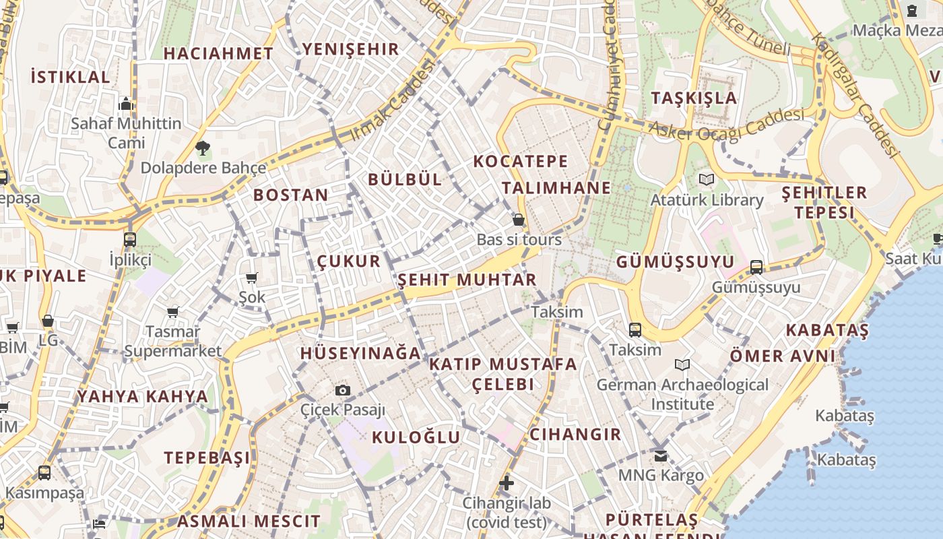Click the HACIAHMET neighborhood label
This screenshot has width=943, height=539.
click(218, 53)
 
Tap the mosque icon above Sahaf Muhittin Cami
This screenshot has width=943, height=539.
click(126, 104)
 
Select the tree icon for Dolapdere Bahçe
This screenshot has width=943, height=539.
click(202, 148)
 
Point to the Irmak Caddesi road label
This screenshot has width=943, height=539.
click(392, 101)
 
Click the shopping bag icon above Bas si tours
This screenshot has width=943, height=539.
click(519, 220)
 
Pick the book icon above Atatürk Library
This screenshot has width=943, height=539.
click(706, 180)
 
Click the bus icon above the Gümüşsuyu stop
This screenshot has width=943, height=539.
click(756, 267)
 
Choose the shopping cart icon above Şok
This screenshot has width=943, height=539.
click(252, 278)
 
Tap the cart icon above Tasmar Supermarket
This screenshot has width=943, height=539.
click(173, 312)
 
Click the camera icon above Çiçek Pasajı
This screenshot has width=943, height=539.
click(342, 391)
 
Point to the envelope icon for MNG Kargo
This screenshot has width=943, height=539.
click(661, 456)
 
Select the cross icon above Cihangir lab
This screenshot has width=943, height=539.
click(507, 483)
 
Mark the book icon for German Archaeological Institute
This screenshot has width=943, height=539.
click(682, 365)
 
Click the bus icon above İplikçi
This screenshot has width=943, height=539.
click(130, 239)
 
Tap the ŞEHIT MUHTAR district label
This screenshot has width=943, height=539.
click(467, 280)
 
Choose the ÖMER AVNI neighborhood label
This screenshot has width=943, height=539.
click(783, 355)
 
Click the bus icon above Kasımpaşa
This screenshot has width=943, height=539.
click(44, 473)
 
